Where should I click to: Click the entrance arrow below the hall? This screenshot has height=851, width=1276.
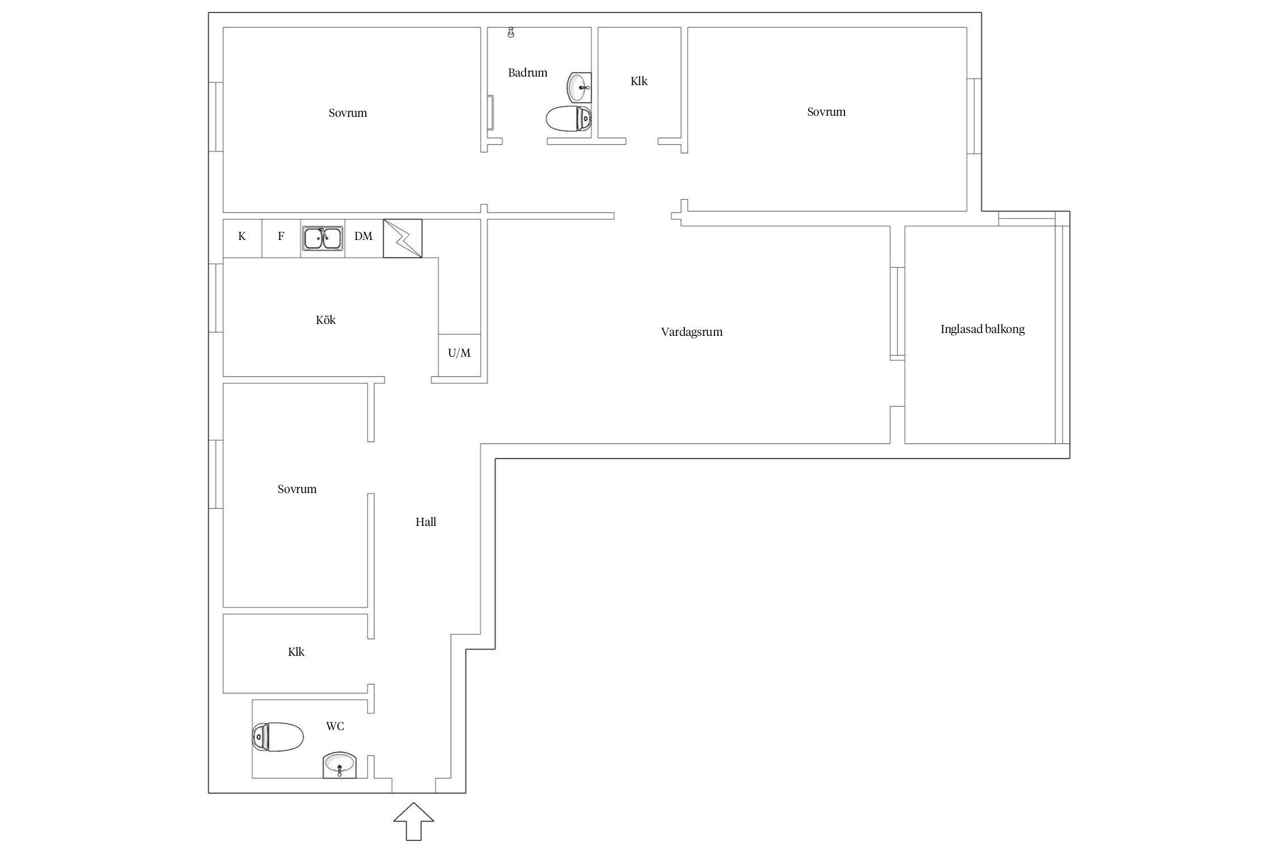[x=414, y=821]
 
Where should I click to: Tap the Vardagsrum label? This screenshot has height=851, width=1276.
[x=692, y=332]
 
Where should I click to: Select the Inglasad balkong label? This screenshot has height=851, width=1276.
[x=983, y=330]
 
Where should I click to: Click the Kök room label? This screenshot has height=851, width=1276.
[x=326, y=320]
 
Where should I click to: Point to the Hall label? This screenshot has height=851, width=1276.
[x=426, y=522]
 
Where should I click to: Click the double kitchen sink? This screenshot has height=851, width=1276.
[x=323, y=238]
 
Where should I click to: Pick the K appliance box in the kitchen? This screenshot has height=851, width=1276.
[x=242, y=238]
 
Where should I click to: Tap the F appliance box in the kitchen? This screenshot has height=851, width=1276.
[x=281, y=238]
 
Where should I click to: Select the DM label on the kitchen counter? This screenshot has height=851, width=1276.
[x=364, y=236]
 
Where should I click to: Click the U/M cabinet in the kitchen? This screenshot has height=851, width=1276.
[x=459, y=355]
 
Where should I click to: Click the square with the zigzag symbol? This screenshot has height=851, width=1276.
[x=403, y=238]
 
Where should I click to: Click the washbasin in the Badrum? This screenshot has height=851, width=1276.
[x=579, y=87]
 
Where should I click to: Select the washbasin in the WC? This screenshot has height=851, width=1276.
[x=340, y=765]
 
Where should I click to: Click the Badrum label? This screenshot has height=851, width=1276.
[x=528, y=73]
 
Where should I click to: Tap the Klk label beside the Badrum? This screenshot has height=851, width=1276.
[x=639, y=81]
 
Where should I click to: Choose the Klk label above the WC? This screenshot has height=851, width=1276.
[x=297, y=652]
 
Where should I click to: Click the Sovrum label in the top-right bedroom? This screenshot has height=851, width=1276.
[x=826, y=112]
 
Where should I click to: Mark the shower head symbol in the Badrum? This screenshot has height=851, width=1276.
[x=511, y=32]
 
